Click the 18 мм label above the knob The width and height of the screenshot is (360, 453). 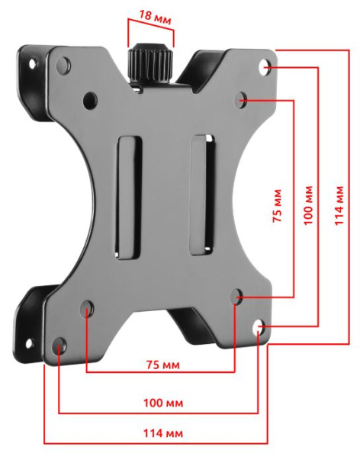(155, 17)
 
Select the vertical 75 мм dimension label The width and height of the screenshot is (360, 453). (277, 205)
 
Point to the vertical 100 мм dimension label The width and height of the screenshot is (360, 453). (308, 205)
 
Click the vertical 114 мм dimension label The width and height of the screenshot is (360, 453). (339, 205)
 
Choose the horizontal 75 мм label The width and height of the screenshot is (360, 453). (163, 365)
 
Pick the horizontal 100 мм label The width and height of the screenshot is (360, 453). (163, 403)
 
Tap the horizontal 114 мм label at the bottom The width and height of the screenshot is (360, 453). (163, 433)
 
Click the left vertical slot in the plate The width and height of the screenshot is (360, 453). (129, 198)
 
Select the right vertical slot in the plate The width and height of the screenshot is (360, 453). (202, 195)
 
